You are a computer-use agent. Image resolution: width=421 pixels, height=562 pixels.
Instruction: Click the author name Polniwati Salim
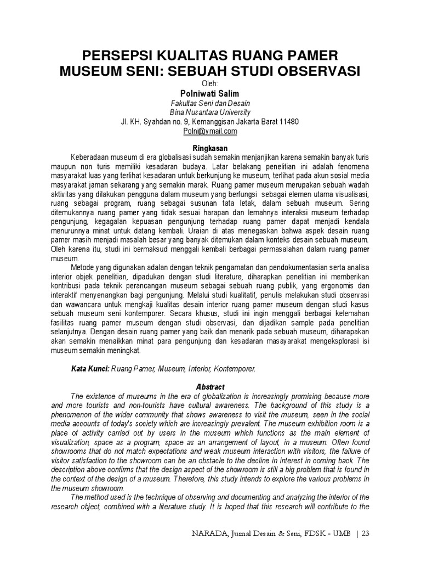pyautogui.click(x=210, y=94)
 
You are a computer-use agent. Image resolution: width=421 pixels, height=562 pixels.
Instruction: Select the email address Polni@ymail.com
pyautogui.click(x=210, y=131)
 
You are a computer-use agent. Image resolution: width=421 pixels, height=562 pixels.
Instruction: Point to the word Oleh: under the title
pyautogui.click(x=210, y=83)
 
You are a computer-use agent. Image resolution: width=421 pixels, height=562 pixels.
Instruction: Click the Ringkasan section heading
pyautogui.click(x=210, y=148)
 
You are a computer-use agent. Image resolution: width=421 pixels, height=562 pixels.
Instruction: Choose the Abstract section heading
pyautogui.click(x=210, y=386)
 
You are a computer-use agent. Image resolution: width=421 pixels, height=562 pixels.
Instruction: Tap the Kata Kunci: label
pyautogui.click(x=90, y=370)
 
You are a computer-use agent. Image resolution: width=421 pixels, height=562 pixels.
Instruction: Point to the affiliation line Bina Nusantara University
pyautogui.click(x=210, y=113)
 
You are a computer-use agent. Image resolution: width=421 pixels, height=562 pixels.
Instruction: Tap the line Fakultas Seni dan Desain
pyautogui.click(x=210, y=103)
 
